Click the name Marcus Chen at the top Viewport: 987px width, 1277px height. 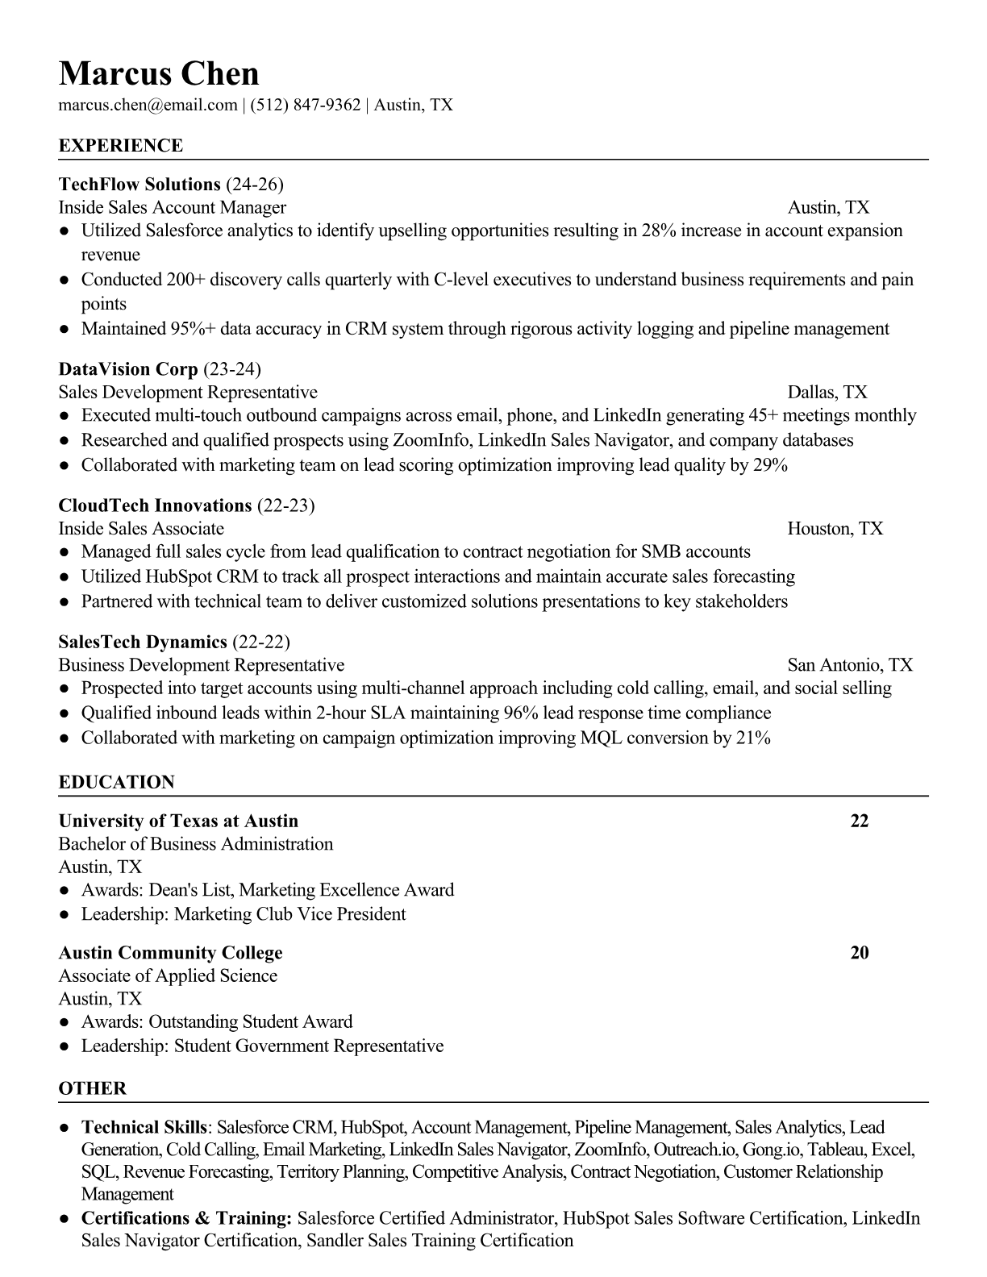[x=159, y=73]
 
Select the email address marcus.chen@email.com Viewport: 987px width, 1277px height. [x=148, y=105]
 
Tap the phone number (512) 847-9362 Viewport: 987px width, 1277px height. [x=305, y=105]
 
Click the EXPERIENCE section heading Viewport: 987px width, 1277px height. [x=121, y=146]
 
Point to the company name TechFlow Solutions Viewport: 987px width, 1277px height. [x=140, y=185]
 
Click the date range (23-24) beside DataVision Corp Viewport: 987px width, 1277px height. [x=232, y=369]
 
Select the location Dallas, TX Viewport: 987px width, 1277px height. [x=827, y=393]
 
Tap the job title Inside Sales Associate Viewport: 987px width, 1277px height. [x=141, y=529]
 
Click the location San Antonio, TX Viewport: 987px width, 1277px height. [x=850, y=665]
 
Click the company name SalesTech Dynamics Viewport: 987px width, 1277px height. [x=143, y=642]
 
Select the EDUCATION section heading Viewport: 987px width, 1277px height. [x=116, y=782]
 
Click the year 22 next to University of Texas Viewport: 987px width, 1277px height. [x=860, y=821]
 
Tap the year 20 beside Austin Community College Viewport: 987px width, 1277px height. [x=860, y=953]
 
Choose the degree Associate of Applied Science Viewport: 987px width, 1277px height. [x=168, y=976]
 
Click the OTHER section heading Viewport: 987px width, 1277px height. [x=93, y=1088]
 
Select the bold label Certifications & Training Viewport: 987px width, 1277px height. [x=186, y=1218]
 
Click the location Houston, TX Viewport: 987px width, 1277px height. [x=835, y=529]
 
